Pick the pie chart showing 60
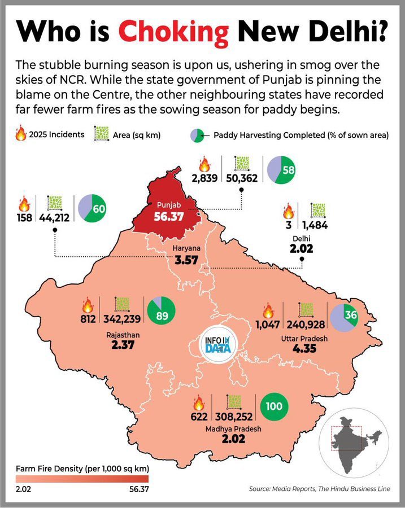pyautogui.click(x=92, y=208)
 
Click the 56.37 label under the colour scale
pyautogui.click(x=136, y=489)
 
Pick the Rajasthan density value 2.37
pyautogui.click(x=122, y=345)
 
